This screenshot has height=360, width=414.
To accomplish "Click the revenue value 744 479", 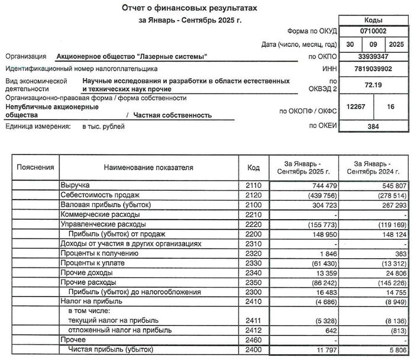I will point(306,185).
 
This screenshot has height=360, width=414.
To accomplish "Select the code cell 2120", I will point(253,195).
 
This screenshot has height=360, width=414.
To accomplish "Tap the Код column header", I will point(253,168).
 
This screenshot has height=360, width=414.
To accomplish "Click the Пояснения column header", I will point(35,168).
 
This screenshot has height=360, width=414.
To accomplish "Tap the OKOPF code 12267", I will point(354,107).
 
